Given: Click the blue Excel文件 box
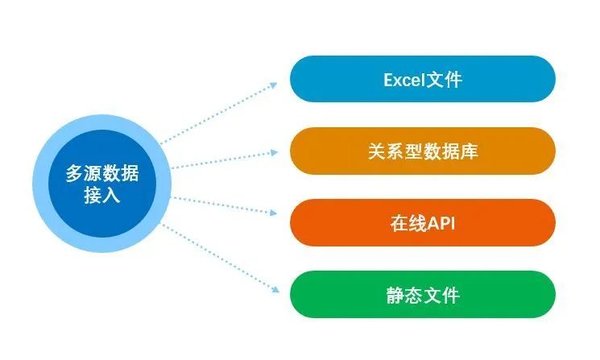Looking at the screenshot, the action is click(423, 79).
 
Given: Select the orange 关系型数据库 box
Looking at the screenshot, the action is click(423, 151).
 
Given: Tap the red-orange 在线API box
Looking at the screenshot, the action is click(423, 222).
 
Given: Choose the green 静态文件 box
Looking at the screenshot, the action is click(423, 295).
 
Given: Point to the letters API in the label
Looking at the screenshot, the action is click(441, 223).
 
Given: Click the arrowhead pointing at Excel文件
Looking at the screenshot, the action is click(273, 85).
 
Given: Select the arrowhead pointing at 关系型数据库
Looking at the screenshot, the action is click(274, 153).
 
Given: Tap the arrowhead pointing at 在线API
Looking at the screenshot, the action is click(273, 213).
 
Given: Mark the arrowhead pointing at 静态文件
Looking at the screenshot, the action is click(275, 290).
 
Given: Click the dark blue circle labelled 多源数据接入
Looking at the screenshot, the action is click(102, 184).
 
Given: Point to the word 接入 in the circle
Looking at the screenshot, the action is click(102, 195).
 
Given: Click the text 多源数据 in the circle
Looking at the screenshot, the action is click(102, 173).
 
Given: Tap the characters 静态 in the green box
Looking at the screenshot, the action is click(404, 296).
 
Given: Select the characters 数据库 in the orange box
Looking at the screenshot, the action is click(450, 151).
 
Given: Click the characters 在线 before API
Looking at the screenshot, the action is click(408, 223).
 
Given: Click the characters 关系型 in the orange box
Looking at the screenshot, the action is click(395, 151).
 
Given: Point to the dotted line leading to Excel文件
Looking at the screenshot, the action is click(217, 114).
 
